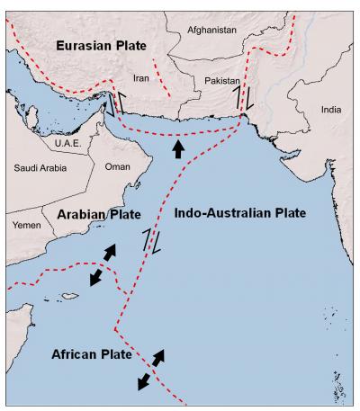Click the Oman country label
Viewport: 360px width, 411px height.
[118, 166]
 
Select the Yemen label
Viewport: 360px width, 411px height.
[27, 226]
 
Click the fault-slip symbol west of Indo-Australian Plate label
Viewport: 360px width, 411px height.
[151, 241]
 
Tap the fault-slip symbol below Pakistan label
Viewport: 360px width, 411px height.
[244, 97]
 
